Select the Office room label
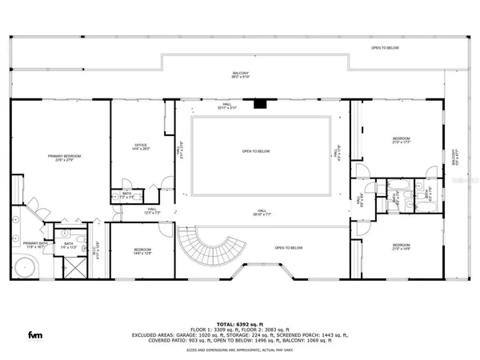[141, 147]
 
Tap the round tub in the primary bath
[22, 267]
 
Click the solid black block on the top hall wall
[258, 103]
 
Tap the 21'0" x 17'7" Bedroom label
[401, 142]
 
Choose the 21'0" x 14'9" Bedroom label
[401, 246]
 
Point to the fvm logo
[35, 334]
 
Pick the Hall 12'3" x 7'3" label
[130, 210]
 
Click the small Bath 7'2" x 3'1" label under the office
[127, 194]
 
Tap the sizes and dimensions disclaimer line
[240, 350]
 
